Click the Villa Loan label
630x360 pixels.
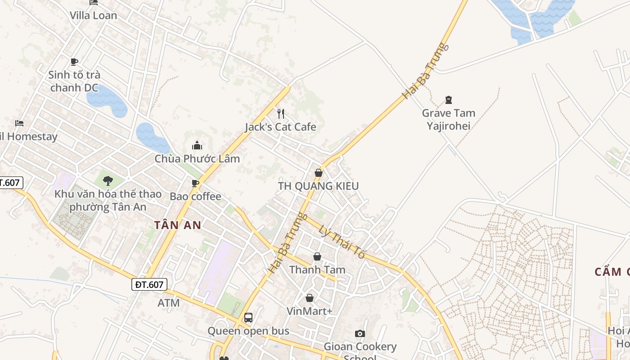point(93,15)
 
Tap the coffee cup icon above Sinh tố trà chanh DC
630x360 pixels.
point(74,62)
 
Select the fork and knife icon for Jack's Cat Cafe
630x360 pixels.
point(281,113)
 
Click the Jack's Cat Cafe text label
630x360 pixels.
point(280,127)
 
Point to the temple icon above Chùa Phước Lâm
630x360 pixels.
point(197,145)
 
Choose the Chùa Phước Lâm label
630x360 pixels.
point(197,159)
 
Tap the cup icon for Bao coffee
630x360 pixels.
point(195,183)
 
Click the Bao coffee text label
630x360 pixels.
point(195,196)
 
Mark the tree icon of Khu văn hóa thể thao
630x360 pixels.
point(108,181)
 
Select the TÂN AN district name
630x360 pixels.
point(177,225)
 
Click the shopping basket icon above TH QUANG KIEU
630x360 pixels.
point(319,173)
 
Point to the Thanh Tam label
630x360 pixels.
point(317,270)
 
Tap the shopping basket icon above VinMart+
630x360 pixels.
point(310,298)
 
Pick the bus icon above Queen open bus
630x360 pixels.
point(248,318)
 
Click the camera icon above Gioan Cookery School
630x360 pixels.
point(360,333)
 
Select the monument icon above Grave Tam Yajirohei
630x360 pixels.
point(448,99)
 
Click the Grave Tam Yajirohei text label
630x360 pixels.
point(448,119)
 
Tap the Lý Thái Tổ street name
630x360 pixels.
point(342,241)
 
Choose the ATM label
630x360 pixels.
point(169,303)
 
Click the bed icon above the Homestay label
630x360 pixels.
point(19,123)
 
